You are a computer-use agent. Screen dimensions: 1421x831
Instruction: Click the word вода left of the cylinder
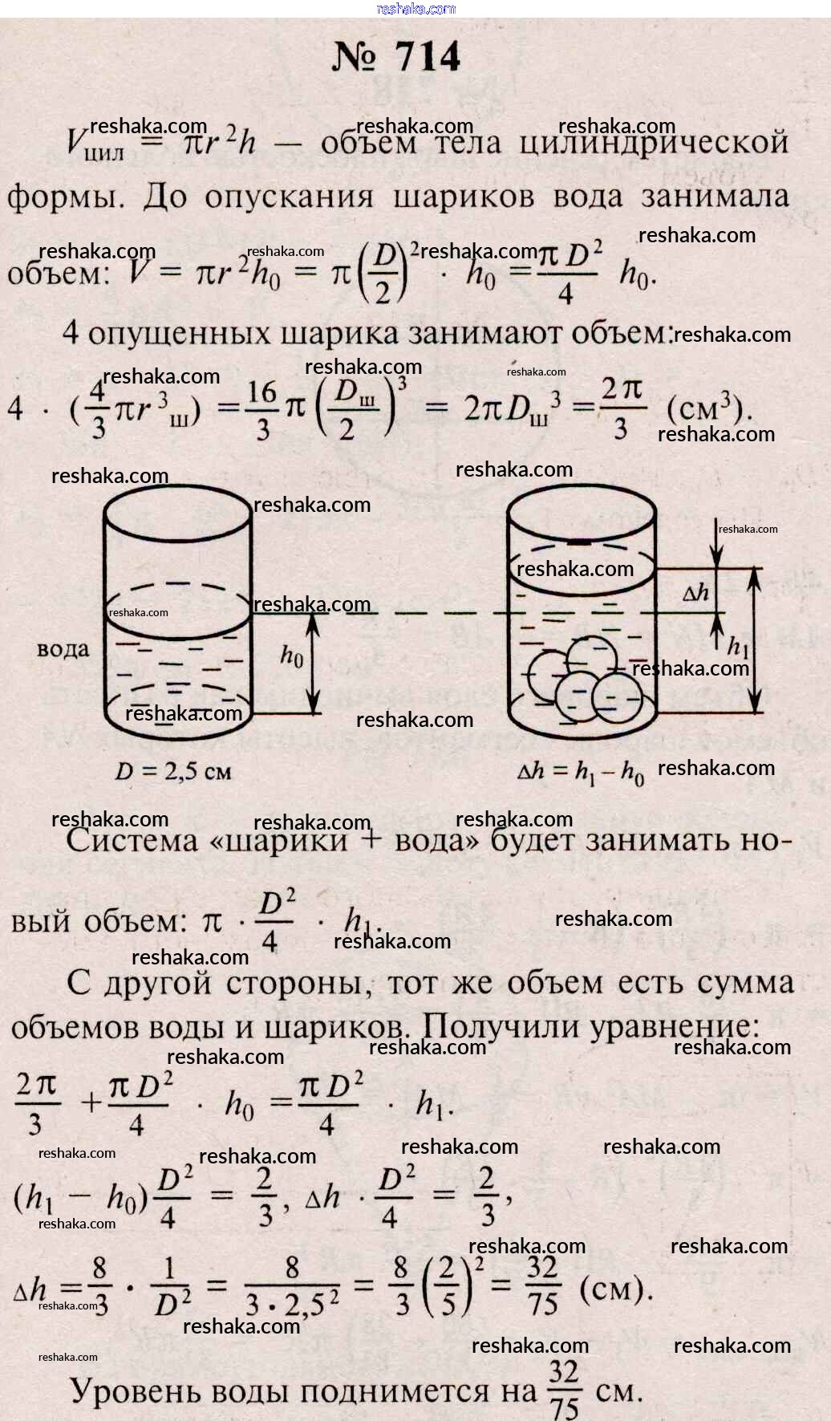tap(63, 648)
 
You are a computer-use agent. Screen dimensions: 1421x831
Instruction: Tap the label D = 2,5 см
tap(173, 772)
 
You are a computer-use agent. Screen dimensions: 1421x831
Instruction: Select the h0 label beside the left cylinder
tap(292, 656)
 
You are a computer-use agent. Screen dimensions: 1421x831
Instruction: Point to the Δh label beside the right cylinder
tap(695, 593)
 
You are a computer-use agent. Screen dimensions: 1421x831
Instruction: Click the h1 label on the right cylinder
tap(737, 646)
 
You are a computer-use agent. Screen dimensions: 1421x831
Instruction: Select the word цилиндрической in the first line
tap(654, 143)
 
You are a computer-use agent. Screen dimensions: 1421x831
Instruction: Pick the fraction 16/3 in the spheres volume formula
tap(262, 410)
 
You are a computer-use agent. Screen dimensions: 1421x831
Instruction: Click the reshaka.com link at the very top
tap(415, 9)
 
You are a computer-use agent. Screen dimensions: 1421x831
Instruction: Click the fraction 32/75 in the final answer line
tap(564, 1391)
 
